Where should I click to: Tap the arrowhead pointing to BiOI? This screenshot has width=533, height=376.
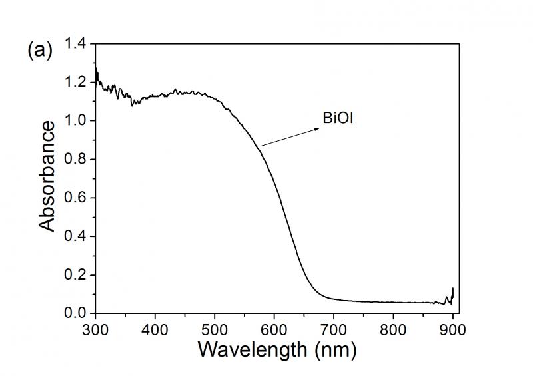(x=316, y=129)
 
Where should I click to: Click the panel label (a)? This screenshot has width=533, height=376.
(x=39, y=51)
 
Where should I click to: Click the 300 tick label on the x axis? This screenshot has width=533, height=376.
(x=95, y=327)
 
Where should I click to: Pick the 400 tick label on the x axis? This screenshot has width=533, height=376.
(x=155, y=327)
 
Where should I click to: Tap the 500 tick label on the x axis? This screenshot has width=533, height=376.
(x=215, y=327)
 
